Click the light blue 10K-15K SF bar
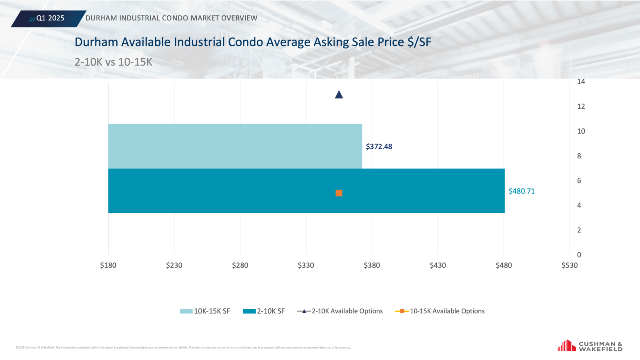(x=235, y=146)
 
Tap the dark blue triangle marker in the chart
(x=339, y=95)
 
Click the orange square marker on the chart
(x=339, y=193)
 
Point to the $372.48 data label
(x=379, y=147)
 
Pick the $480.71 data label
(x=522, y=191)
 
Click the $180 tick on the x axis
(x=108, y=265)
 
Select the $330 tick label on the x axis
(x=306, y=265)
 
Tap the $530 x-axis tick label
(x=569, y=265)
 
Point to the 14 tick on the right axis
(x=581, y=82)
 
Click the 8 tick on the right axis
(x=579, y=156)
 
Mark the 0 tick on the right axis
(x=579, y=255)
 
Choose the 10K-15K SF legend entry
(x=205, y=311)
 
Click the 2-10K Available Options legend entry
(x=340, y=311)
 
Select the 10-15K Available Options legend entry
(x=440, y=311)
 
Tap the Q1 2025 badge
(x=48, y=18)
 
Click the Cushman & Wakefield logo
(x=590, y=346)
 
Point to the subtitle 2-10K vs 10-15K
(x=113, y=62)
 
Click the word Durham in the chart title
(x=96, y=42)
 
